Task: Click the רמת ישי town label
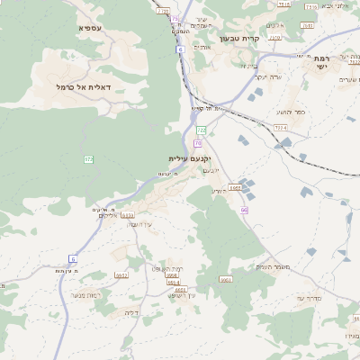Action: point(322,62)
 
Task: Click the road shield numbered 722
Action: point(202,131)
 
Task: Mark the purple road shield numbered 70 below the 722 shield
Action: point(198,142)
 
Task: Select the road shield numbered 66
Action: point(244,210)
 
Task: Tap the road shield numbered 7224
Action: point(281,128)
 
